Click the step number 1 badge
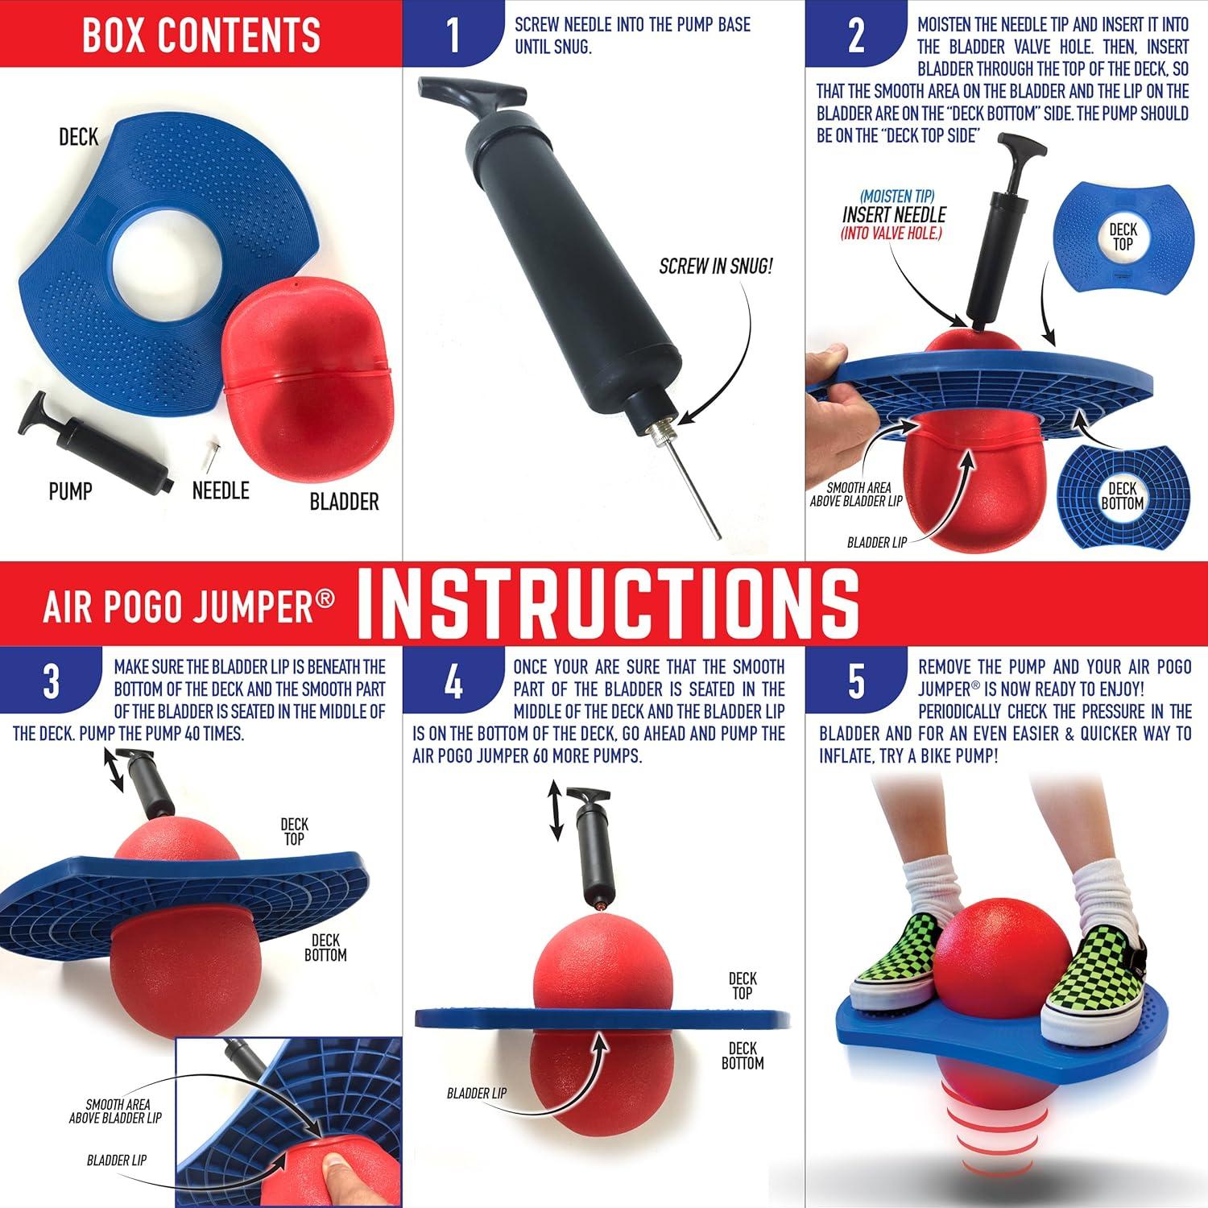(453, 35)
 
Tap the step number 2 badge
(856, 35)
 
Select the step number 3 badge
(51, 681)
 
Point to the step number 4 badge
(453, 681)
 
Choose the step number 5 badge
(856, 681)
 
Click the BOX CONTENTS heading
(201, 34)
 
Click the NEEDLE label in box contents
(220, 490)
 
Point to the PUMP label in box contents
(70, 490)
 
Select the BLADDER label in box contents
(344, 502)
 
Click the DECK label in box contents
(78, 137)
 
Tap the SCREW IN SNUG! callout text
(715, 267)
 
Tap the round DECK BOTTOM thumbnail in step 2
(1122, 495)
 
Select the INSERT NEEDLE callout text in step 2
(894, 215)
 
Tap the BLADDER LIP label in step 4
(477, 1093)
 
